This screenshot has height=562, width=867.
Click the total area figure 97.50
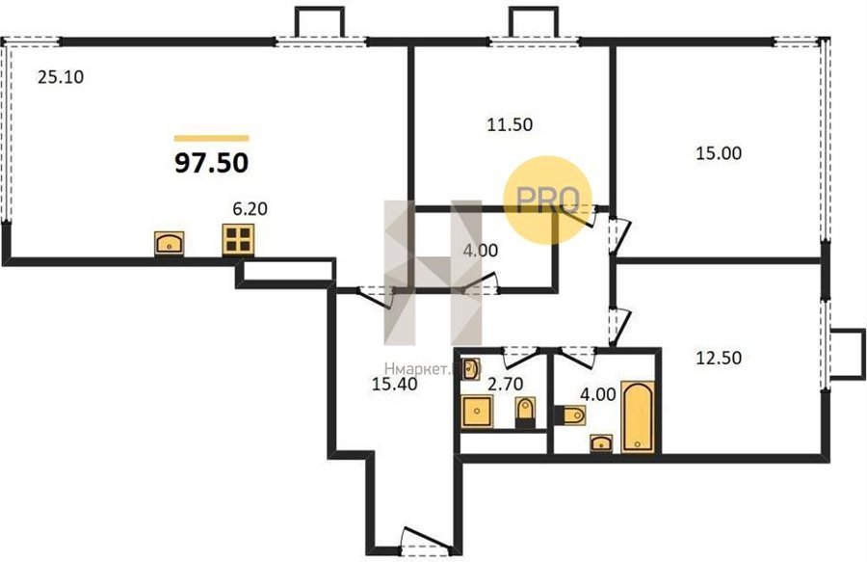211,163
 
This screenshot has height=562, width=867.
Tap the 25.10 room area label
61,77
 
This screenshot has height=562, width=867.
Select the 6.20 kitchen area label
250,209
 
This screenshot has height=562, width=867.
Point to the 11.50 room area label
510,124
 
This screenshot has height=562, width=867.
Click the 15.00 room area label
719,152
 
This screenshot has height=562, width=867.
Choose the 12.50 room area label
719,358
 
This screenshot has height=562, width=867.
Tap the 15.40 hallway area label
394,384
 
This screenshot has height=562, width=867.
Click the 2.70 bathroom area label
506,384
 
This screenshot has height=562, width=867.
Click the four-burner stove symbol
238,239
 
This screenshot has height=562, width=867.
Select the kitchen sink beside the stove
170,243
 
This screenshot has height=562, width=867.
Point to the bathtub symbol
638,417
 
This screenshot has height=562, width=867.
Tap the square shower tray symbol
477,412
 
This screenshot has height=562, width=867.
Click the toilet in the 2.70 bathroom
525,413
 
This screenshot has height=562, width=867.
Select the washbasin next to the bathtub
601,443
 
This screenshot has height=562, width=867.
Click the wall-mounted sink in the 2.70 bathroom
470,369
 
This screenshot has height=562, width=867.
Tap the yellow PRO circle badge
547,200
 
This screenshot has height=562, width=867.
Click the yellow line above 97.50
211,138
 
